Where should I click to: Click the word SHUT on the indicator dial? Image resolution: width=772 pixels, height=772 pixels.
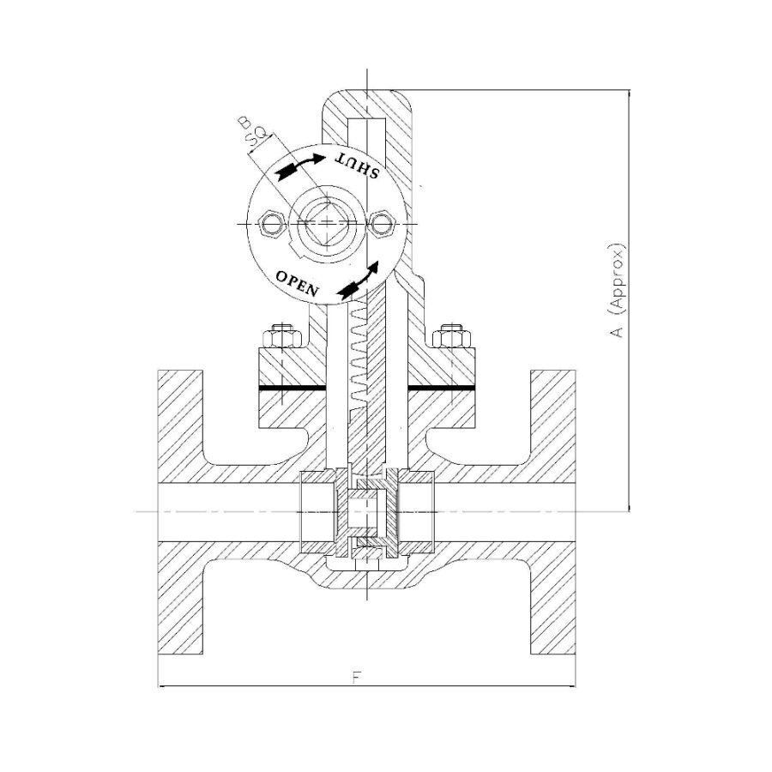(x=358, y=166)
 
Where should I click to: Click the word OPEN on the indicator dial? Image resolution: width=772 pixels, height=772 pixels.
(x=297, y=283)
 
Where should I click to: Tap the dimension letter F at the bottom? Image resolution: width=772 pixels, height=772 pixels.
(x=358, y=678)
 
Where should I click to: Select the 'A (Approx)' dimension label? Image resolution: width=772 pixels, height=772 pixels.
(x=617, y=291)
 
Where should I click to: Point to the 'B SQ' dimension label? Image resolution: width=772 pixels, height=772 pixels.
(x=252, y=131)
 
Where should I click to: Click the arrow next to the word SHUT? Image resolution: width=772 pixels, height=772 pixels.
(x=300, y=166)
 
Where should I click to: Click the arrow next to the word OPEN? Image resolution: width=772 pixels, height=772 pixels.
(x=359, y=280)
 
